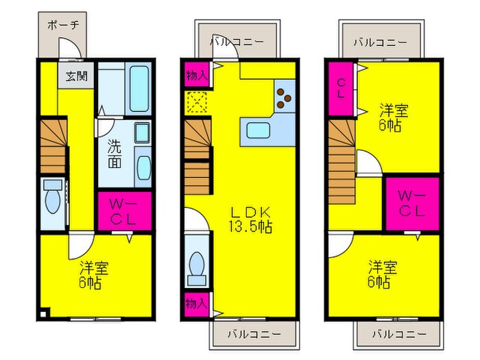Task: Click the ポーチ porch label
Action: tap(62, 25)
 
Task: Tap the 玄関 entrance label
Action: tap(76, 76)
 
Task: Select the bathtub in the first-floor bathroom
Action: tap(139, 88)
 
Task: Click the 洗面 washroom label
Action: tap(115, 154)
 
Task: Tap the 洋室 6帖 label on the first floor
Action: tap(91, 274)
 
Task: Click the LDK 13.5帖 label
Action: tap(251, 219)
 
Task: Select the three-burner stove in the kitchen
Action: tap(284, 96)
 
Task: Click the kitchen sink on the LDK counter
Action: tap(259, 130)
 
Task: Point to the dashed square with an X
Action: tap(196, 104)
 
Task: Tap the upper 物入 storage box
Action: tap(196, 75)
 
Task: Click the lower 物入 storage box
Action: tap(195, 302)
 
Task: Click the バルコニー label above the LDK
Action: tap(236, 42)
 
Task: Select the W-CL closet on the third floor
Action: tap(411, 204)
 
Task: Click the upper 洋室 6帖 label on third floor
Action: tap(391, 116)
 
